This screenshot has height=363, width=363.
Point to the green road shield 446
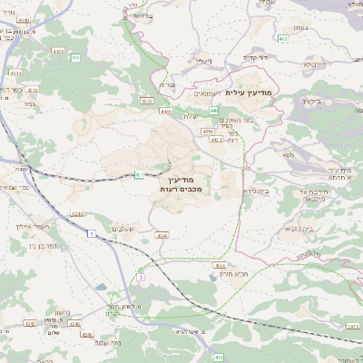213,110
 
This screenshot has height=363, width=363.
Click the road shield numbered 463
283,38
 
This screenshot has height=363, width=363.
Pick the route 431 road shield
139,172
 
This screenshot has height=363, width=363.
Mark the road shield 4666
220,265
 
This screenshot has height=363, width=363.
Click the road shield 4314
16,71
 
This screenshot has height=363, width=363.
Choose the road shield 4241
76,214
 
